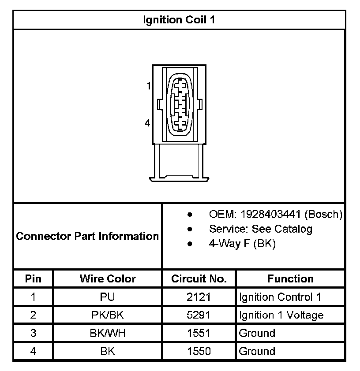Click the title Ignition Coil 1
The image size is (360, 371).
[179, 20]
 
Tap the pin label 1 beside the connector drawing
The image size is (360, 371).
[149, 86]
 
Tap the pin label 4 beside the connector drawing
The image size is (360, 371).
[147, 123]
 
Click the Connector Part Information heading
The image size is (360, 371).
[87, 236]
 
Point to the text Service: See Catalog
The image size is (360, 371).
[260, 229]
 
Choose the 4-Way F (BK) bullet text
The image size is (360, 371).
[242, 244]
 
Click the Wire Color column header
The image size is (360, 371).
[108, 279]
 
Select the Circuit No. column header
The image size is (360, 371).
[199, 279]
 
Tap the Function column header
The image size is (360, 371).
[290, 279]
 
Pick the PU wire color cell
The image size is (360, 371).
[108, 297]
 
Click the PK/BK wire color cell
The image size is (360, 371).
[108, 315]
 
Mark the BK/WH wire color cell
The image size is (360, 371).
[108, 334]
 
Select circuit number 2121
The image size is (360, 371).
[199, 297]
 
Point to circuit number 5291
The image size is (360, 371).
[199, 315]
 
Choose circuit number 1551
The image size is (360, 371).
[199, 334]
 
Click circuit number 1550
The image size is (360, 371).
[199, 352]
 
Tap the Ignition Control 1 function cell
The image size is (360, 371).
[280, 297]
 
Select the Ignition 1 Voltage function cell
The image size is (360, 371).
[281, 315]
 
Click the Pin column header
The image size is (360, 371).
[33, 279]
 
